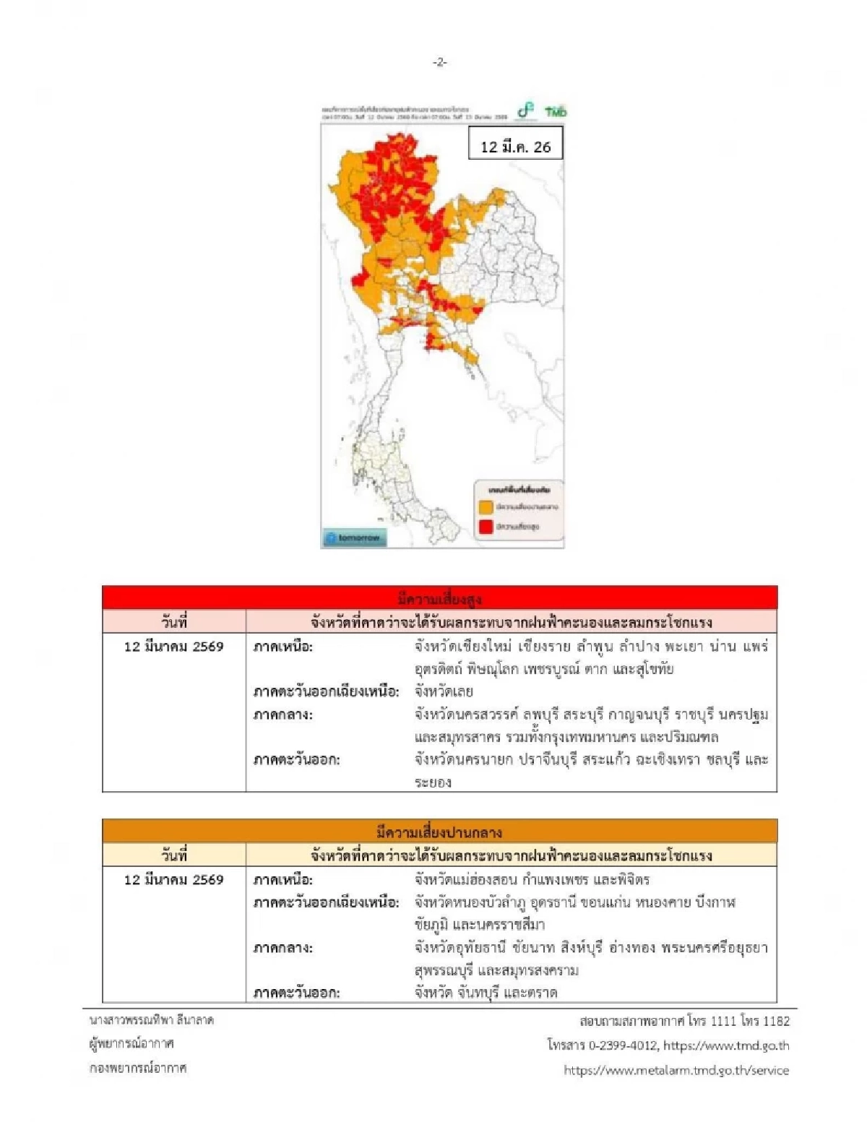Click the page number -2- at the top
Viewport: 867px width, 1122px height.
click(x=440, y=63)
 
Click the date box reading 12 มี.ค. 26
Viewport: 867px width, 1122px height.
click(x=515, y=146)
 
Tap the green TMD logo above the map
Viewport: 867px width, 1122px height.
click(x=556, y=111)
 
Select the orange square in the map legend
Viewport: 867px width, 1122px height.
click(x=486, y=507)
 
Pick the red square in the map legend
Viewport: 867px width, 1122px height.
click(x=486, y=527)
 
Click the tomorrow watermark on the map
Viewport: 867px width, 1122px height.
click(x=354, y=538)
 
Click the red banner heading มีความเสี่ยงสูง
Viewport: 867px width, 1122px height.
click(x=439, y=598)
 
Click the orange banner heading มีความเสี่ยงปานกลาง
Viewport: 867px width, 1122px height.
click(x=439, y=832)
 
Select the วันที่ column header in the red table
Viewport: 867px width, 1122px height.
click(x=174, y=622)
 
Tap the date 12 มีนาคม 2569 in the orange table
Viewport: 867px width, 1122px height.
click(x=174, y=879)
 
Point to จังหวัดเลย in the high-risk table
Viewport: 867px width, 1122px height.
click(x=444, y=691)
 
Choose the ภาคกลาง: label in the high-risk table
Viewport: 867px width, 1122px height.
click(x=282, y=715)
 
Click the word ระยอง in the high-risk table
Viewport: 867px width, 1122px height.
click(x=433, y=782)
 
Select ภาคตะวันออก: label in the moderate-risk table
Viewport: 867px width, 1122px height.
click(x=296, y=993)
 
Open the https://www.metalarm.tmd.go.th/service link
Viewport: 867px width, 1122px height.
click(x=676, y=1070)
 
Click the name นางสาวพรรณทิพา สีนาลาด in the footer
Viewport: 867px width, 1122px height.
click(x=152, y=1020)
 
